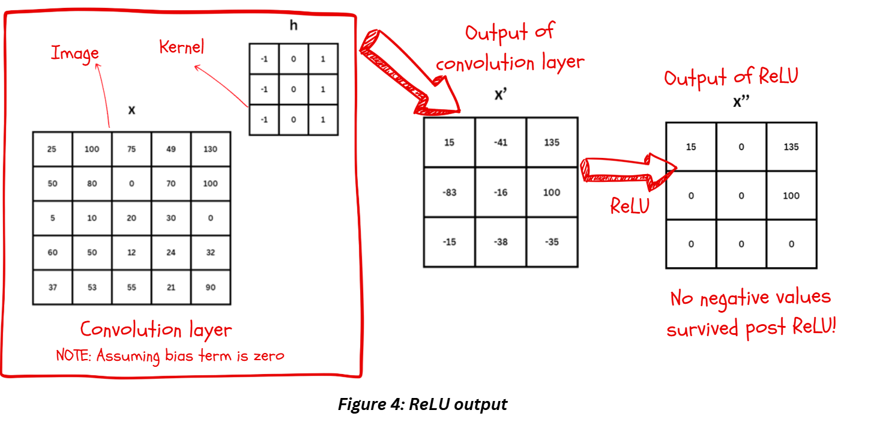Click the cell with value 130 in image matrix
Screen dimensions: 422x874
210,149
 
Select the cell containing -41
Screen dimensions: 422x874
501,142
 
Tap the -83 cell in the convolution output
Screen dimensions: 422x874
450,192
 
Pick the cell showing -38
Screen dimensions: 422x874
501,242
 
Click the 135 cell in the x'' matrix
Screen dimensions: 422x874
791,147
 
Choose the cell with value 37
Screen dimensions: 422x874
52,288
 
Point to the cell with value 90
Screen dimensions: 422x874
210,288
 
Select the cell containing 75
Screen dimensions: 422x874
131,149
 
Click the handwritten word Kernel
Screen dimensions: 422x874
181,47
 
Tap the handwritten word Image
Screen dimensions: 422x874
75,53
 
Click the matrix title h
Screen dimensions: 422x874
293,26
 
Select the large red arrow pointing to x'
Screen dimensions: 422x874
408,75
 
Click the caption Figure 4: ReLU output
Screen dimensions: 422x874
423,404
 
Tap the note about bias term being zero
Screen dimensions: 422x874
170,355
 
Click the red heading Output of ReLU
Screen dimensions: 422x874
731,77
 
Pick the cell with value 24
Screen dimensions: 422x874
171,253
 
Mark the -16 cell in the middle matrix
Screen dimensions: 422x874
501,192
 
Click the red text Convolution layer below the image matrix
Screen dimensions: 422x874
156,330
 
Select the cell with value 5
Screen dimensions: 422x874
52,219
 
